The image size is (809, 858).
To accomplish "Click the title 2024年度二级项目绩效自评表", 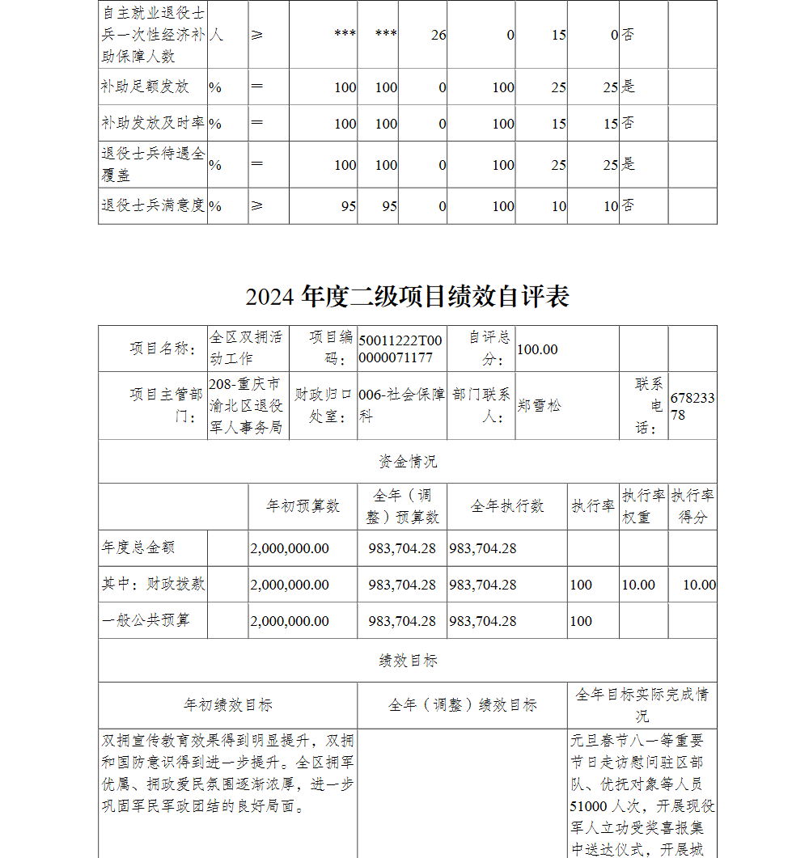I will coord(407,297).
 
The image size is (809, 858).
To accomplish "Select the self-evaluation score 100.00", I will coord(537,349).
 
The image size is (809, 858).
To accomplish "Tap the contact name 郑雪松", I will coord(539,406).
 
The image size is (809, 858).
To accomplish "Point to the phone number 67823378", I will coord(693,406).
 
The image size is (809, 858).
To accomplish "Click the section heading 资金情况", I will coord(408,462).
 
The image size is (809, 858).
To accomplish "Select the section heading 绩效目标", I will coord(408,661).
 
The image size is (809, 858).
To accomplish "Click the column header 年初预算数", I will coord(303,506).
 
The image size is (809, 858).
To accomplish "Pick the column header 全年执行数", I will coord(507,506).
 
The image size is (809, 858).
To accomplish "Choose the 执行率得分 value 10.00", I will coord(699,585).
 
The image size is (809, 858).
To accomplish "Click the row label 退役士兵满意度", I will coord(152,205).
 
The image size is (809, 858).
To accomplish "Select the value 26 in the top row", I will coord(438,36).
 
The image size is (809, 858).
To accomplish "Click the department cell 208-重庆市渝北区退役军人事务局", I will coord(246,406).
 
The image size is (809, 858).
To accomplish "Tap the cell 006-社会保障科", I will coord(401,406).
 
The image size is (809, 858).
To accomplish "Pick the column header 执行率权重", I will coord(643,506).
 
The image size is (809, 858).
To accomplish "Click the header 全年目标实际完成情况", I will coord(642,705).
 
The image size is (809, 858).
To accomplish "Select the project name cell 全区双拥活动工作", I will coord(246,349).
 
